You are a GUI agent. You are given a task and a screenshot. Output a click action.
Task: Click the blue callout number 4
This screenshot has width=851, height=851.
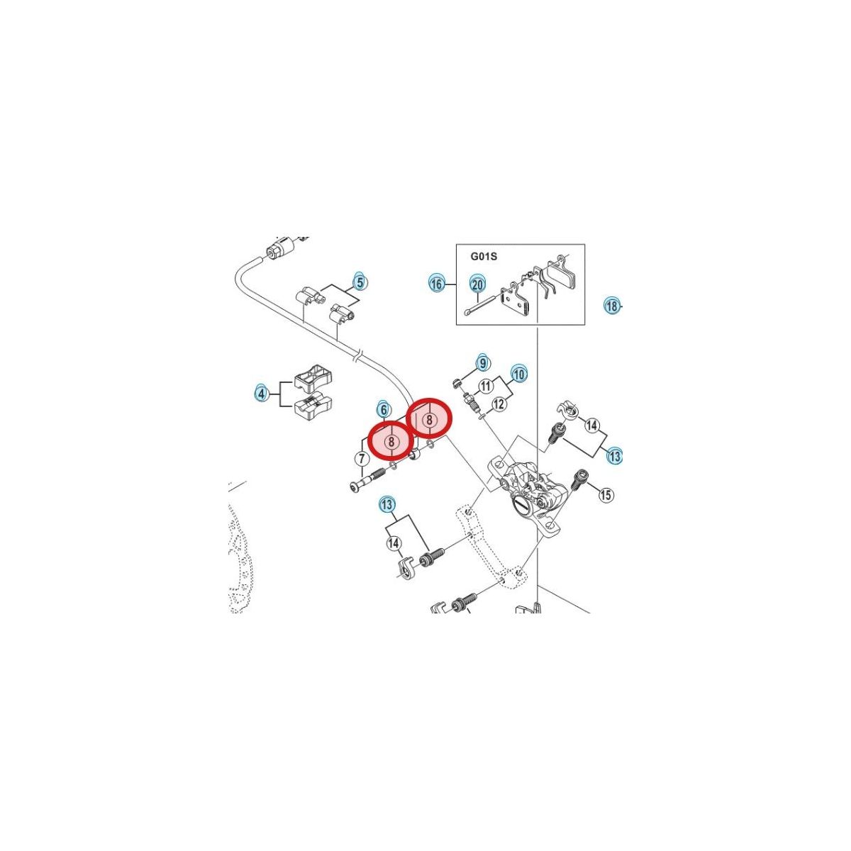coord(262,394)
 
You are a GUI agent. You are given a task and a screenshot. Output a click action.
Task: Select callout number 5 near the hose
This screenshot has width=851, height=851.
coord(360,282)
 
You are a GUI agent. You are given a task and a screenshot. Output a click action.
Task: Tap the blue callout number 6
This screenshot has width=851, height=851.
coord(383,409)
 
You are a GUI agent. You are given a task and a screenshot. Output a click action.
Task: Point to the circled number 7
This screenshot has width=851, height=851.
coord(362,458)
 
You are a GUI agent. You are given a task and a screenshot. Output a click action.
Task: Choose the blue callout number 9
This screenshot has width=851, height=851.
coord(483,363)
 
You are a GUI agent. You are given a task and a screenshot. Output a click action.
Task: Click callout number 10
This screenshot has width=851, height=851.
coord(519,374)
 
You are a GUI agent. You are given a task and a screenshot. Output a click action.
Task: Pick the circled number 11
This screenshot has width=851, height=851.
coord(486,386)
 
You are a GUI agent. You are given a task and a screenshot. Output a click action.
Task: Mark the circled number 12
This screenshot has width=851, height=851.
coord(499,404)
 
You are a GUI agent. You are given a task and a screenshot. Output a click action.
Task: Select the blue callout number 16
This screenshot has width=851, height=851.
coord(436,284)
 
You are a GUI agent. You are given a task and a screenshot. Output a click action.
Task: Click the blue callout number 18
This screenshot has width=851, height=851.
coord(612,305)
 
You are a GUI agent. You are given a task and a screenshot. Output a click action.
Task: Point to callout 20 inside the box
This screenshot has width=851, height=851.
coord(478,285)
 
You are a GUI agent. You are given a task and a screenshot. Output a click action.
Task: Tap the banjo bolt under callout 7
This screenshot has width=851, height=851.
coord(367,481)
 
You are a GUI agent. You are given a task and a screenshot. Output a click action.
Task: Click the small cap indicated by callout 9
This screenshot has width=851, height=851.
coord(457,382)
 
